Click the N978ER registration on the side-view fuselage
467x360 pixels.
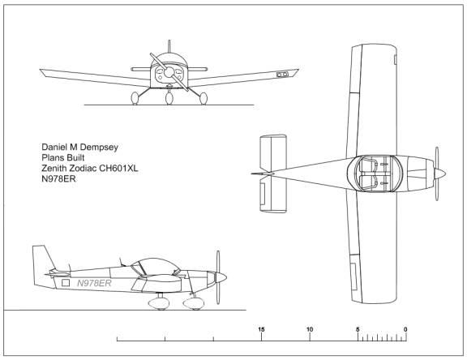[x=94, y=283]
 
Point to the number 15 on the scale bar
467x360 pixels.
[x=261, y=329]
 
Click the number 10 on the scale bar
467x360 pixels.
[x=310, y=329]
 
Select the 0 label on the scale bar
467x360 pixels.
[x=405, y=329]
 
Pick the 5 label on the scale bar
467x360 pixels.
[x=358, y=329]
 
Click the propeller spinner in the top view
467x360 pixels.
[x=440, y=174]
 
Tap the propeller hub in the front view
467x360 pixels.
[x=169, y=72]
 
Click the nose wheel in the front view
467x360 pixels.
[x=169, y=98]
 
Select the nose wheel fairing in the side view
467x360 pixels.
[x=194, y=303]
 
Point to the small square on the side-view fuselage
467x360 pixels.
[x=66, y=283]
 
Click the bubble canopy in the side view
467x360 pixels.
[x=156, y=266]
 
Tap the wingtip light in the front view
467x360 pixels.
[x=282, y=75]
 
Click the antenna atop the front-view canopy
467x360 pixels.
[x=169, y=46]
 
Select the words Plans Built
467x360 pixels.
[x=63, y=158]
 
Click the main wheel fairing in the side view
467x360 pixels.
[x=159, y=303]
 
